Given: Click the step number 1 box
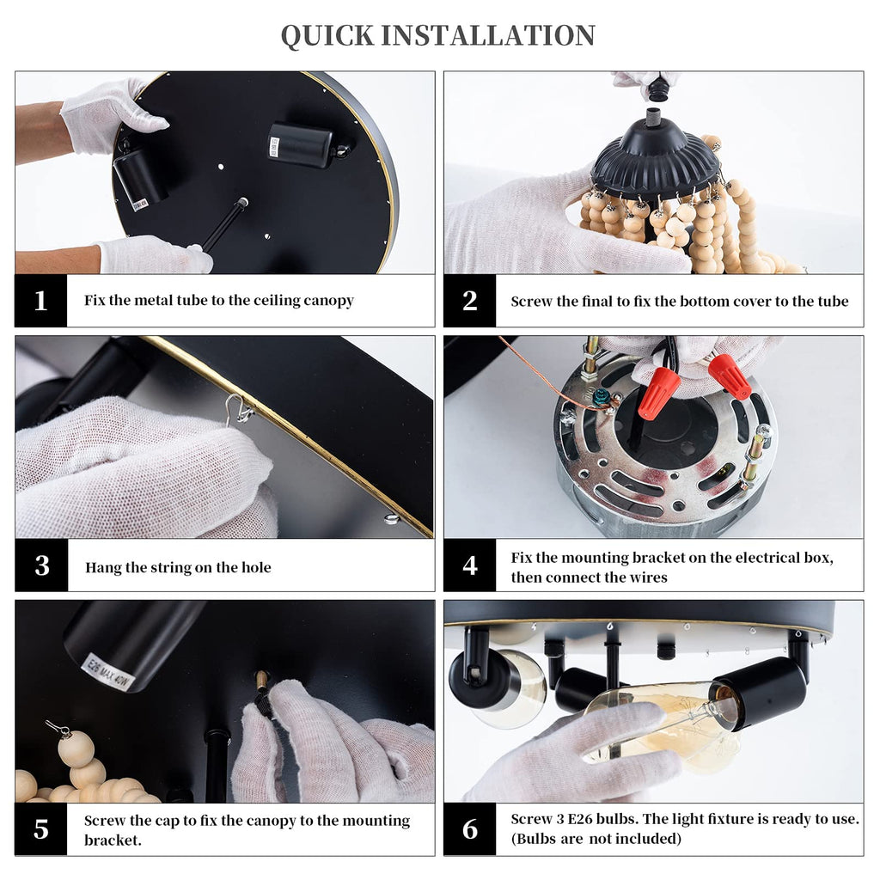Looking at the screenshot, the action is click(x=41, y=300).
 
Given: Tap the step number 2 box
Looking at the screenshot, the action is click(x=470, y=300).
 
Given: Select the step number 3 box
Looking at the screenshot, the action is click(x=41, y=565).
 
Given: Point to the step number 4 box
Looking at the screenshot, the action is click(x=470, y=565).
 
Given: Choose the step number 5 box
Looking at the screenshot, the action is click(x=41, y=829).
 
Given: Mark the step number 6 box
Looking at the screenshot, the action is click(x=470, y=829).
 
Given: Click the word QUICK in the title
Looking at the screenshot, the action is click(x=327, y=36).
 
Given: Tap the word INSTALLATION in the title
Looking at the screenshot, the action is click(x=488, y=35).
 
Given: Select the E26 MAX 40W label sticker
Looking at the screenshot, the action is click(x=107, y=672).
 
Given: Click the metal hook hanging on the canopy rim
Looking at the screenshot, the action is click(x=238, y=409).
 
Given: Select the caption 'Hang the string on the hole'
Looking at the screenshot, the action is click(x=178, y=567).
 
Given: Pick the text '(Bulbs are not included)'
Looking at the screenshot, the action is click(x=596, y=839).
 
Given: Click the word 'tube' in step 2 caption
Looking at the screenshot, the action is click(x=834, y=302).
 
